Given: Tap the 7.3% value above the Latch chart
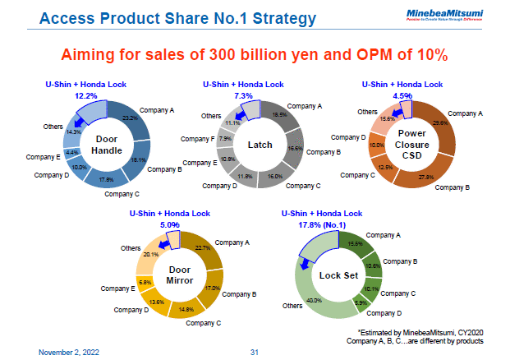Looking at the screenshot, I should pos(244,95).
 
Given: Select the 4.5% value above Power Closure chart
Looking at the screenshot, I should pos(402,95).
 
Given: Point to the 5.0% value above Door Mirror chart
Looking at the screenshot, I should pos(170,224).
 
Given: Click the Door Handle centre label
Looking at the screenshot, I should pos(108,145).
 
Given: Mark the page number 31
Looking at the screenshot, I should pos(255,352).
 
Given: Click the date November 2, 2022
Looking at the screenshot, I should pos(71,352).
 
